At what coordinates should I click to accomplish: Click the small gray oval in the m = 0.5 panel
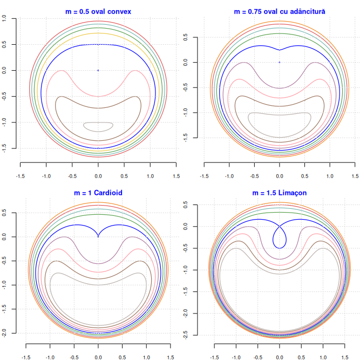98,126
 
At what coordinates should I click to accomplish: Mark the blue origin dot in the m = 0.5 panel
98,70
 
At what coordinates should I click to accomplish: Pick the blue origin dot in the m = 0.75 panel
279,62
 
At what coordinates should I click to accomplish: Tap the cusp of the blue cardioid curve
98,236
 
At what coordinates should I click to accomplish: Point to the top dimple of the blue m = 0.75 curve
279,50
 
